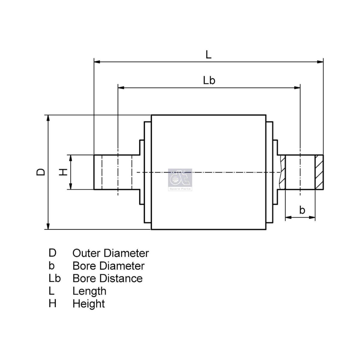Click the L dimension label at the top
pyautogui.click(x=208, y=55)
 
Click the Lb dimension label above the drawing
pyautogui.click(x=209, y=80)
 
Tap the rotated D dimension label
pyautogui.click(x=41, y=172)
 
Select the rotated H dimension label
pyautogui.click(x=63, y=172)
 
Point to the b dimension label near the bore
pyautogui.click(x=302, y=210)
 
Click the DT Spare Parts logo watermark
pyautogui.click(x=180, y=180)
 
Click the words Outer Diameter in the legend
pyautogui.click(x=111, y=253)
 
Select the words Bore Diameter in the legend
pyautogui.click(x=109, y=266)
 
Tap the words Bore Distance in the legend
pyautogui.click(x=108, y=278)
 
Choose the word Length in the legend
pyautogui.click(x=89, y=291)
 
